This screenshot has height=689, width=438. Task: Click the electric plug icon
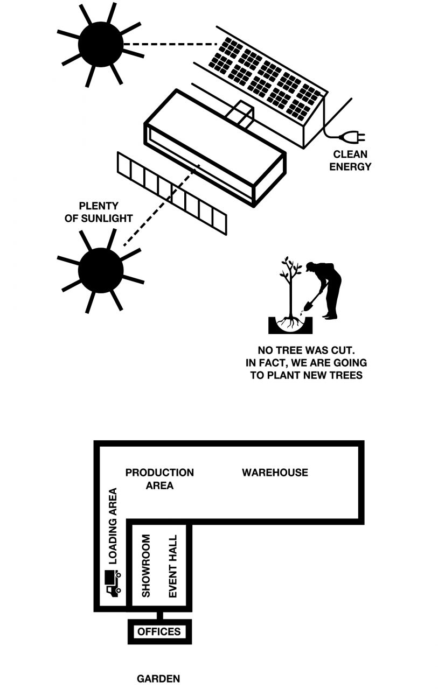tap(352, 137)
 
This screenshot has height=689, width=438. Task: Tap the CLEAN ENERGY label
tap(350, 160)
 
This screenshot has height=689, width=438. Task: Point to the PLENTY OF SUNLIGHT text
tap(99, 212)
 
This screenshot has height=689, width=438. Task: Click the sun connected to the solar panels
tap(100, 44)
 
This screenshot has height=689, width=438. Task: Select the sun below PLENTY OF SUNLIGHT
tap(100, 270)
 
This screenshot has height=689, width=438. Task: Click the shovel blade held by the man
tap(308, 306)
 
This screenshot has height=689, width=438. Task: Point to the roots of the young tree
tap(290, 322)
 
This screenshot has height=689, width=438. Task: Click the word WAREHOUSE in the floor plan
tap(275, 473)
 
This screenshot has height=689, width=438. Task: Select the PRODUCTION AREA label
tap(159, 479)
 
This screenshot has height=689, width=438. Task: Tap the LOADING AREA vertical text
tap(113, 526)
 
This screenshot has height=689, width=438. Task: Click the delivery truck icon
tap(114, 583)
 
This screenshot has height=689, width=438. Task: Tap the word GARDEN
tap(158, 679)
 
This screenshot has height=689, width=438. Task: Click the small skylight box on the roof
tap(240, 114)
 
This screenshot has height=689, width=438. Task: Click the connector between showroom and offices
tap(159, 615)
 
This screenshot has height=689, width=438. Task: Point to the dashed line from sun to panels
tap(170, 45)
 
